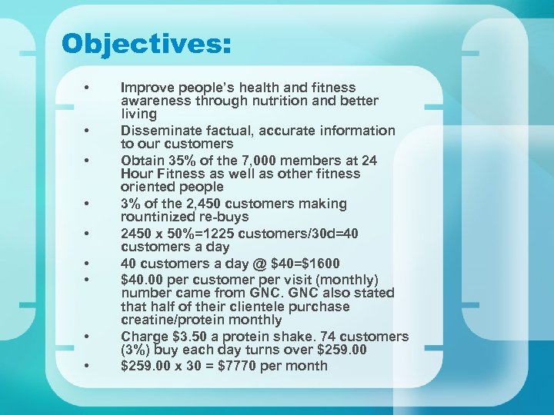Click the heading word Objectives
[x=146, y=43]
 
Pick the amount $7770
[x=242, y=366]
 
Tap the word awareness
[x=155, y=101]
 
